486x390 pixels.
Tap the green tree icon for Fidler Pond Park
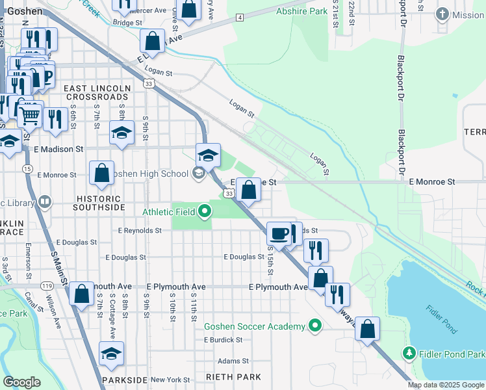(409, 353)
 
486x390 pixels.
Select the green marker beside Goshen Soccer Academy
(315, 326)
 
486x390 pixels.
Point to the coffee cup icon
(278, 233)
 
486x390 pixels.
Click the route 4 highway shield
(240, 17)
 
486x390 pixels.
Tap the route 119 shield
(46, 285)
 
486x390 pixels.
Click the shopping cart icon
(29, 117)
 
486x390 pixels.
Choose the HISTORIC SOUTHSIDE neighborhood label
(99, 203)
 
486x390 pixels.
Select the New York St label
(170, 380)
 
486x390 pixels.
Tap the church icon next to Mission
(442, 14)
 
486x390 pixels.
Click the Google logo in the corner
(21, 382)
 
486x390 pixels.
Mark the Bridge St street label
(127, 22)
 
